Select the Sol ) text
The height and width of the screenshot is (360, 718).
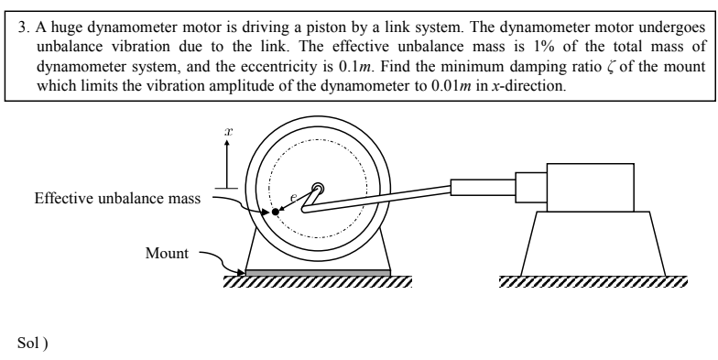pyautogui.click(x=31, y=341)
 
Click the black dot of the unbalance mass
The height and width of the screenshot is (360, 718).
pyautogui.click(x=276, y=213)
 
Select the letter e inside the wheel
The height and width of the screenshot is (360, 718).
pyautogui.click(x=293, y=196)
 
